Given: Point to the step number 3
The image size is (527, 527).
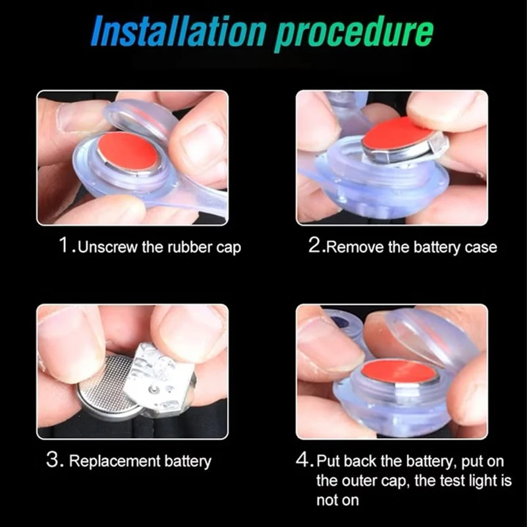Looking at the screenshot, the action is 53,459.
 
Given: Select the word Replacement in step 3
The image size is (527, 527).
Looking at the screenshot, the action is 114,462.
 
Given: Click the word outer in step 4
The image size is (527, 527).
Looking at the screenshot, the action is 358,481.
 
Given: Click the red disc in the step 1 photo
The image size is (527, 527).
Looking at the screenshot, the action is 128,151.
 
